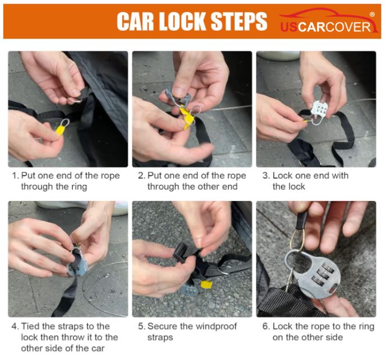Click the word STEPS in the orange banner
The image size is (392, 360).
239,21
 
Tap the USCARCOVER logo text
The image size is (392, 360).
325,27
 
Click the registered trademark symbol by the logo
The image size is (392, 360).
372,15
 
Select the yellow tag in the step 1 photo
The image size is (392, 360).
60,130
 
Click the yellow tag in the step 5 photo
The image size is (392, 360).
207,284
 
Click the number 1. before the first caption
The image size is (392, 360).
16,176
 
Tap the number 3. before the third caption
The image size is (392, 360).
266,176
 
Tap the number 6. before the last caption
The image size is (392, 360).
266,326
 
